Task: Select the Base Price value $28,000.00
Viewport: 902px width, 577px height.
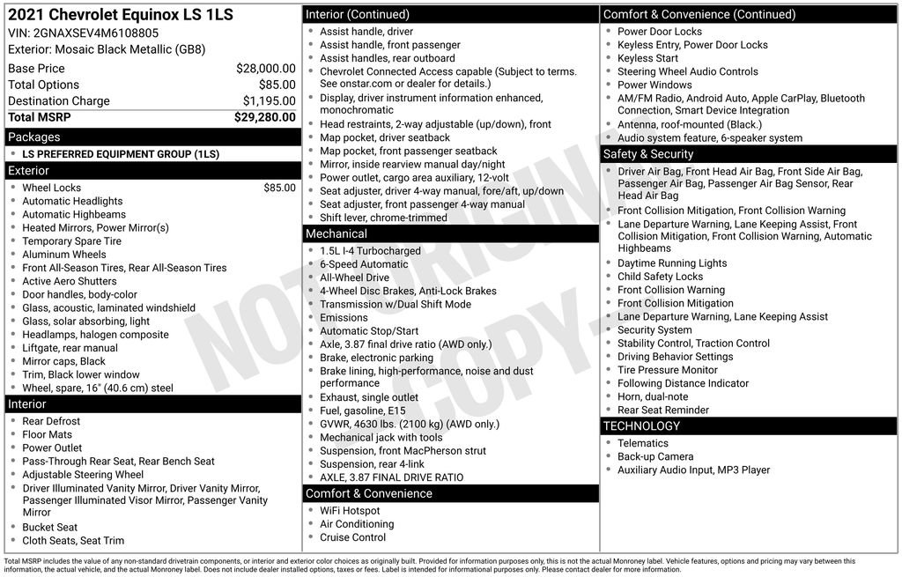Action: [x=265, y=68]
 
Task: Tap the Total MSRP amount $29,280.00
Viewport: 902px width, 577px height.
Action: [x=264, y=117]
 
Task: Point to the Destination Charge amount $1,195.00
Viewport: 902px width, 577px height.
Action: [x=269, y=100]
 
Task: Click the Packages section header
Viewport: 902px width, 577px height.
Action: [x=33, y=137]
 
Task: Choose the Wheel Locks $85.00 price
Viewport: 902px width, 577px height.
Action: [x=279, y=188]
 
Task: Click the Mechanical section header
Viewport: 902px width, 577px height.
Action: [x=336, y=233]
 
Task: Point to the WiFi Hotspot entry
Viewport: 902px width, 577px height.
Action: [x=350, y=511]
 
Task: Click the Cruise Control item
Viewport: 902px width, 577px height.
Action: [x=352, y=537]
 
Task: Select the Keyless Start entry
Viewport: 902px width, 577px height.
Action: [x=647, y=58]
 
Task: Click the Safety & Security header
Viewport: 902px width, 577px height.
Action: [x=648, y=154]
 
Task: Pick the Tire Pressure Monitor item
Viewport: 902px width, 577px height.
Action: [x=667, y=370]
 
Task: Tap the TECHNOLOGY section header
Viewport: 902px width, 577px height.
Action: [x=641, y=425]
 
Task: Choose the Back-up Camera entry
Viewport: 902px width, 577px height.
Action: [x=654, y=456]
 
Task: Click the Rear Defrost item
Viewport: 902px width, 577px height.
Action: [x=51, y=421]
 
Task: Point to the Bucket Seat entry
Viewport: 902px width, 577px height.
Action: [x=49, y=528]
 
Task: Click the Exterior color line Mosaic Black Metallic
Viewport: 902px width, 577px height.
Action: [x=107, y=49]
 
